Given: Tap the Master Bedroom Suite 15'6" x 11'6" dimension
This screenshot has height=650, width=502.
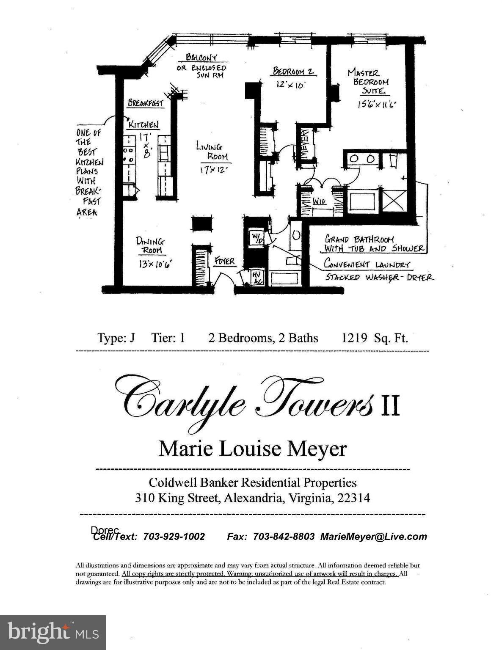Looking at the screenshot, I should [x=376, y=105].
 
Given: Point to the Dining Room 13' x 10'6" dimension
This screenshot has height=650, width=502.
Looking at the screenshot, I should [x=155, y=264].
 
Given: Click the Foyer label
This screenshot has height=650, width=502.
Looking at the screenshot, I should [x=224, y=261].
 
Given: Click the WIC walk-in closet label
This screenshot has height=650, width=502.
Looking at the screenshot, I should [x=319, y=202].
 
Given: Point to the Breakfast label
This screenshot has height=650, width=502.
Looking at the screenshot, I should [x=146, y=103].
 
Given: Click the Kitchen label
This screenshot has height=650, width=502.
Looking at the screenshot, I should [x=143, y=124].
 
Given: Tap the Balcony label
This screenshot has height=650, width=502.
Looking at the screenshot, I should [x=201, y=57].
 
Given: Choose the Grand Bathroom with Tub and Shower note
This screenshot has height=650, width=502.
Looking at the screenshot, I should [x=374, y=244].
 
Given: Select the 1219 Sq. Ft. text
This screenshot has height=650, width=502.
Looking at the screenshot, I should [x=375, y=338].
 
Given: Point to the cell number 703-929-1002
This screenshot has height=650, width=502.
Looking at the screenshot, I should [x=174, y=537].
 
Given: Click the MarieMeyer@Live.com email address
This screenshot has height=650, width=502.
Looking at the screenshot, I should [x=373, y=537].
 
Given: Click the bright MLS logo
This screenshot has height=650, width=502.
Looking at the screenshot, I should [x=53, y=633].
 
